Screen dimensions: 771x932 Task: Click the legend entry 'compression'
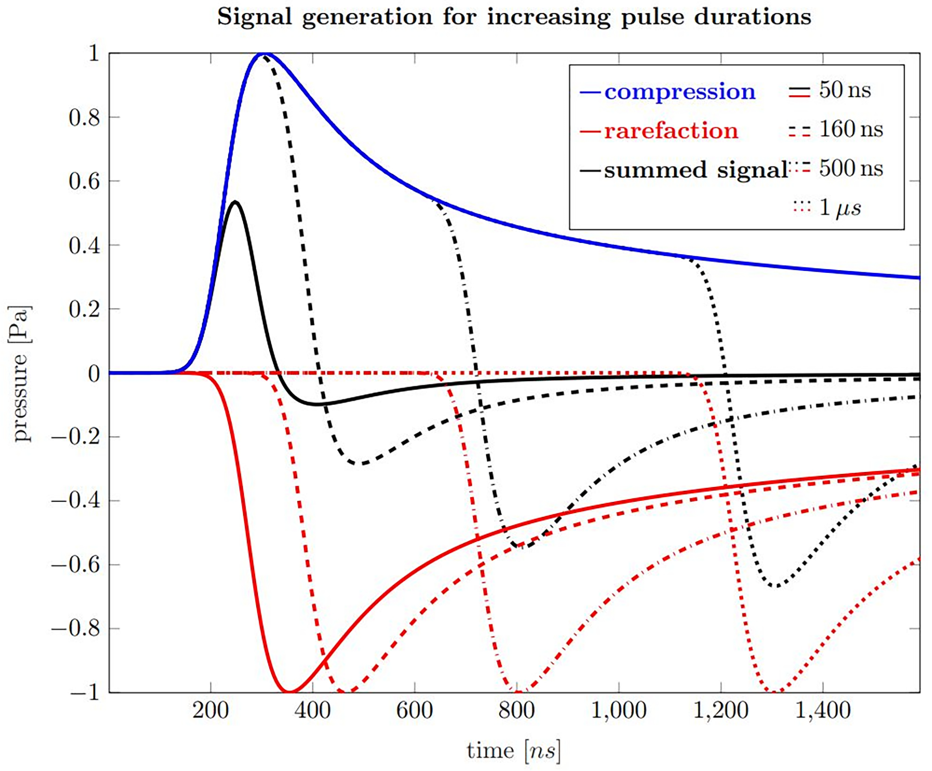tap(680, 92)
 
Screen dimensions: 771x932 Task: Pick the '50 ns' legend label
tap(845, 90)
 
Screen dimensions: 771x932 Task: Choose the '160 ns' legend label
tap(851, 129)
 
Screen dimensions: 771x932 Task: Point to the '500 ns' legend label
tap(851, 168)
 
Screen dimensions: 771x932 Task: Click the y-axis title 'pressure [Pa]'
tap(21, 373)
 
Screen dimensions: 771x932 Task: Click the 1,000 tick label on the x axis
tap(619, 711)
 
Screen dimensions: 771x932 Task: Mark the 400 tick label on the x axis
tap(313, 711)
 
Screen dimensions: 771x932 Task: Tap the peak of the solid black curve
tap(236, 202)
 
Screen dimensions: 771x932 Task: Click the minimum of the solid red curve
tap(289, 692)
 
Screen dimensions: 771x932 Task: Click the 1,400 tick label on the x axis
tap(822, 711)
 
